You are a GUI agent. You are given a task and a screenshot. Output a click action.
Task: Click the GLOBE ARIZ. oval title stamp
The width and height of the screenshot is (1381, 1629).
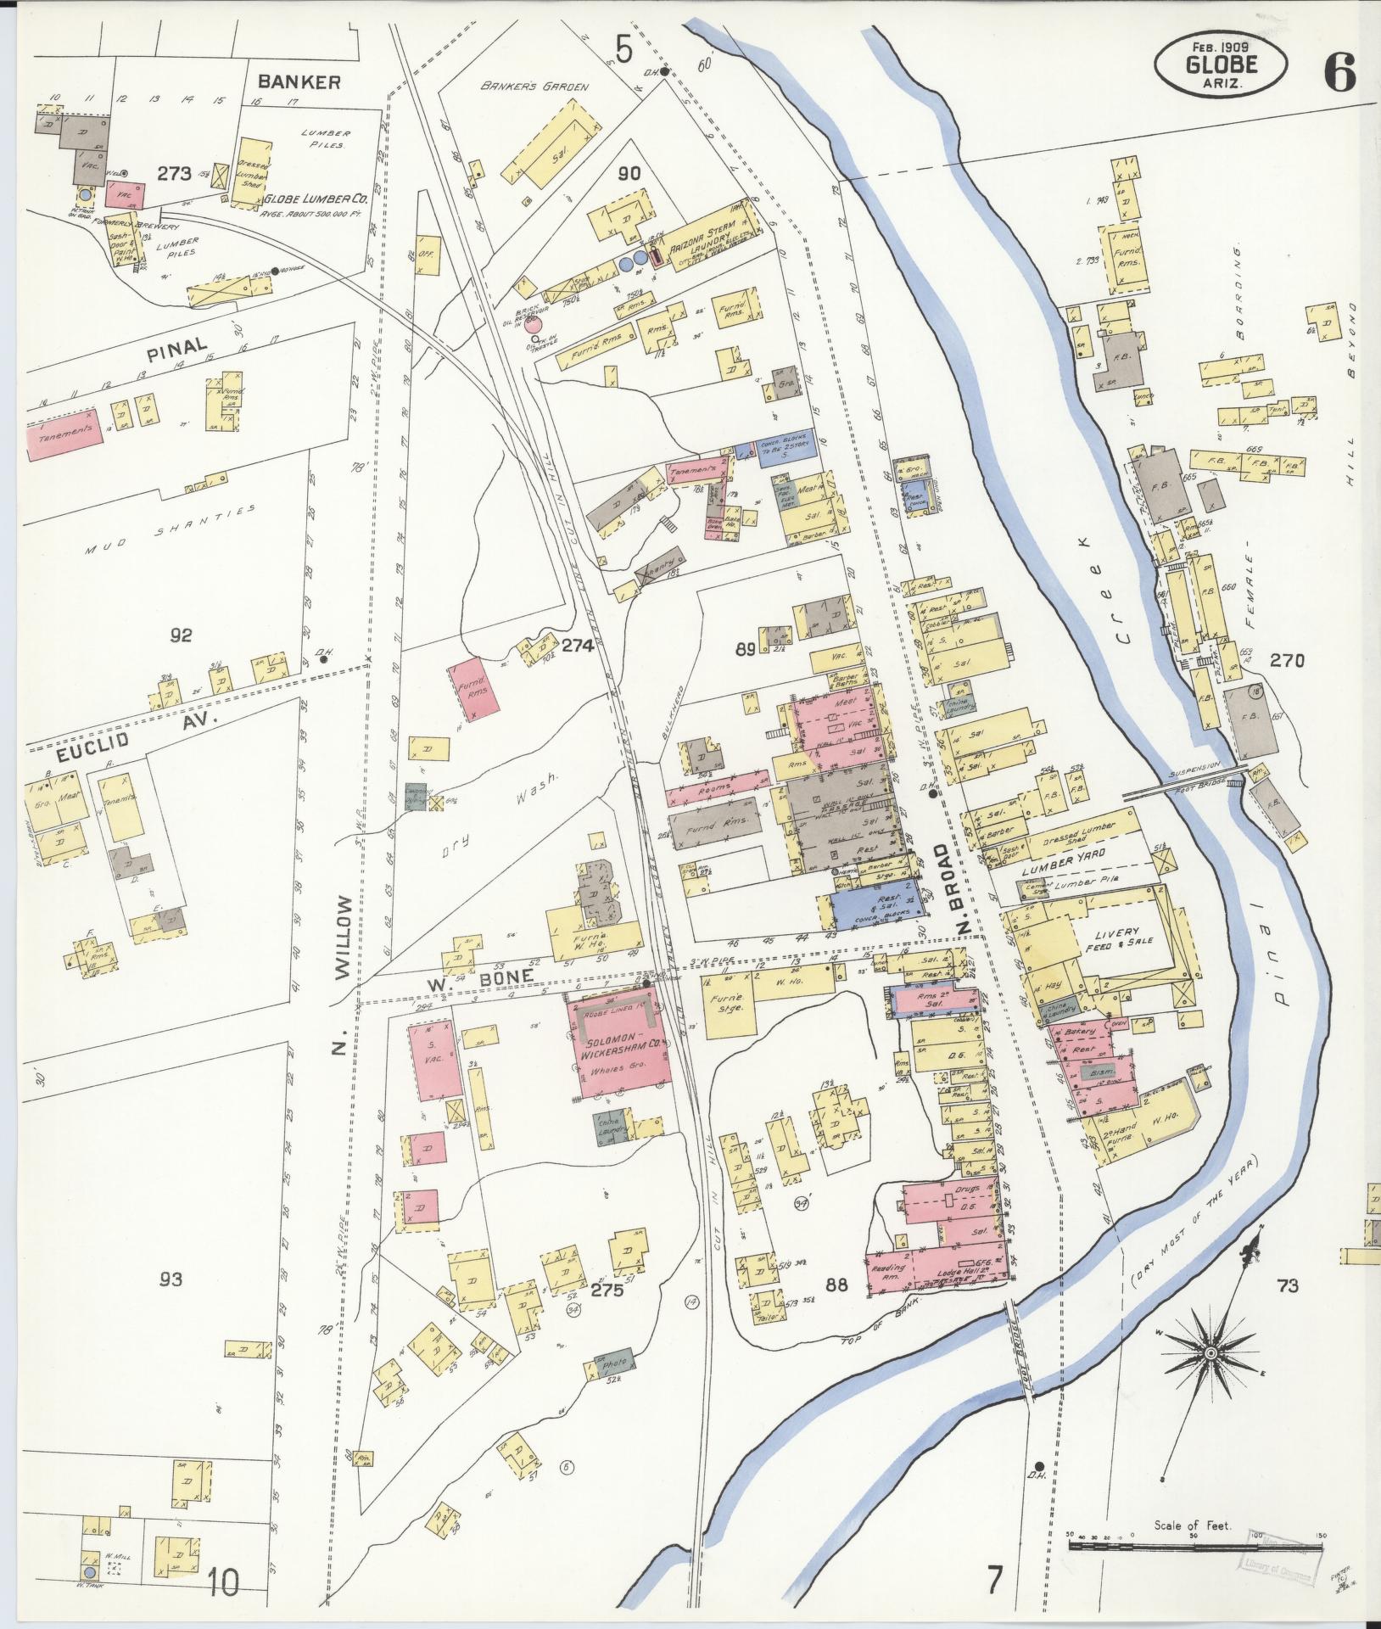1220,64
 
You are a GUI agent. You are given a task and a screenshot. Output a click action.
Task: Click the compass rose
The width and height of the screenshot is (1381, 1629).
1210,1352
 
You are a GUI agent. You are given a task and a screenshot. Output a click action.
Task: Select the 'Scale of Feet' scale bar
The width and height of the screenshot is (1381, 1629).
1194,1547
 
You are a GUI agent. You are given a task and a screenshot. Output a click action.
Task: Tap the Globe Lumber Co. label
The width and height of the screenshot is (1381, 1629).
312,199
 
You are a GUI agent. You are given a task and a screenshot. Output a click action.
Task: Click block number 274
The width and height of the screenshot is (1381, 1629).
577,645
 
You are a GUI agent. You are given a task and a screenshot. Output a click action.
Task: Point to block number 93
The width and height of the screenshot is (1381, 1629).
171,1279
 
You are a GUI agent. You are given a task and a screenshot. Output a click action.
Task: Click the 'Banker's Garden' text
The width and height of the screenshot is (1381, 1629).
534,86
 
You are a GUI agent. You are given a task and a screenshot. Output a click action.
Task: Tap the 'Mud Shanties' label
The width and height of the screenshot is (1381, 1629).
170,527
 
